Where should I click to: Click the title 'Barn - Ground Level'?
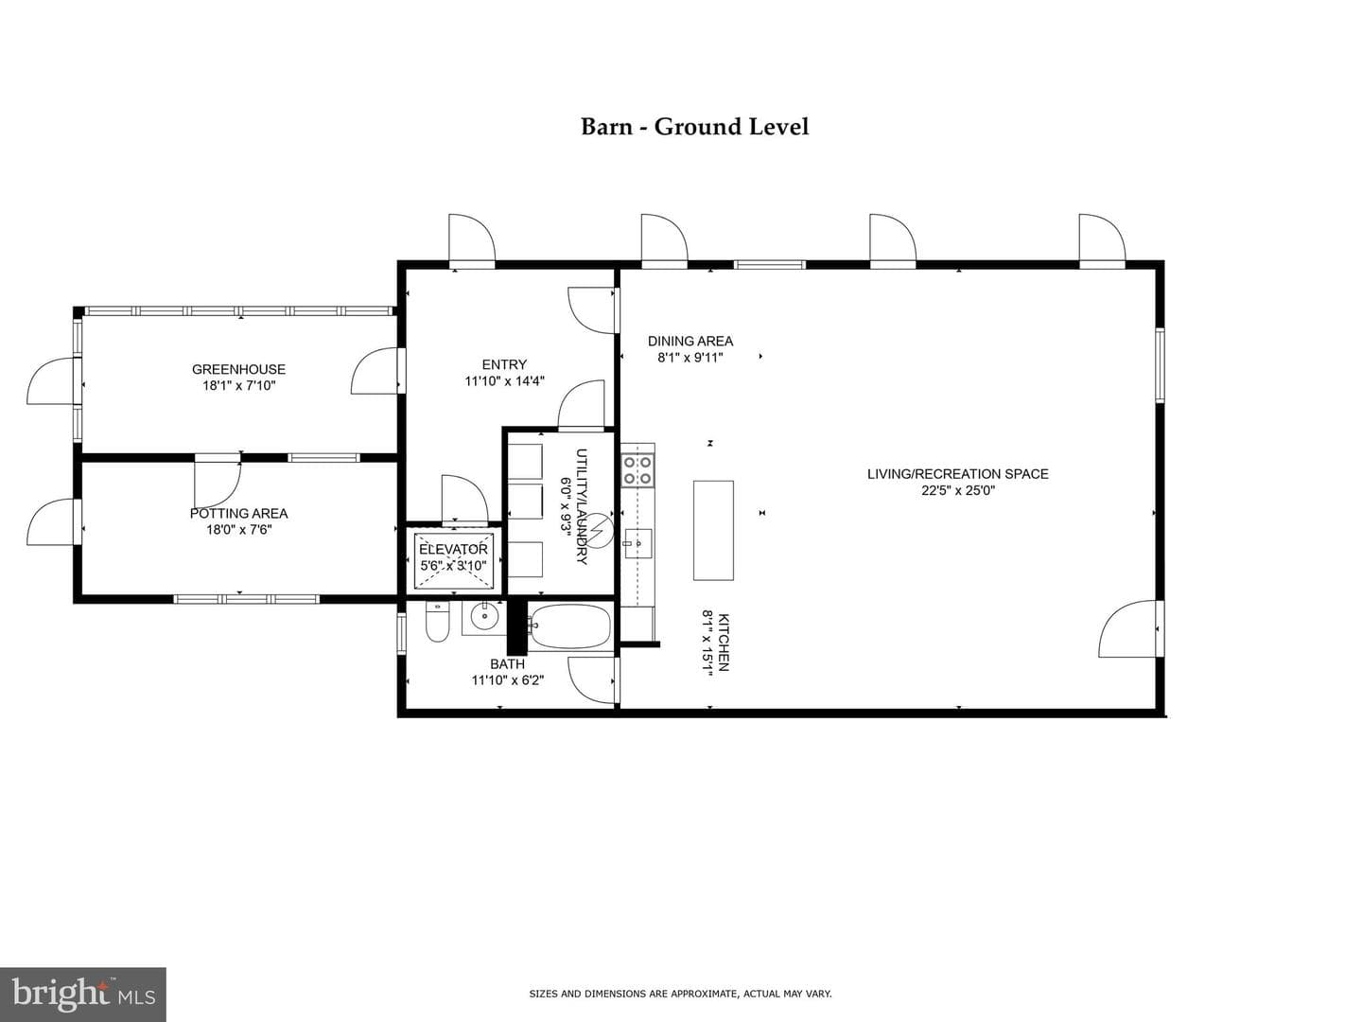pyautogui.click(x=694, y=127)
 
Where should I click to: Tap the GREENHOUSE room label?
pyautogui.click(x=239, y=369)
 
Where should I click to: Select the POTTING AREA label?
pyautogui.click(x=239, y=513)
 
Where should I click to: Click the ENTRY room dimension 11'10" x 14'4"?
pyautogui.click(x=504, y=381)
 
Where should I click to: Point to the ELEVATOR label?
pyautogui.click(x=454, y=549)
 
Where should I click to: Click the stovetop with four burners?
pyautogui.click(x=637, y=469)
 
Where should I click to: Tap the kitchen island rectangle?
pyautogui.click(x=713, y=530)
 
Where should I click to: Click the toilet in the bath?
pyautogui.click(x=438, y=623)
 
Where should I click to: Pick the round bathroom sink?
pyautogui.click(x=484, y=617)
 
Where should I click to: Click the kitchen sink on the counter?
pyautogui.click(x=637, y=543)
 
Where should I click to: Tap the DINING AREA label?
pyautogui.click(x=690, y=341)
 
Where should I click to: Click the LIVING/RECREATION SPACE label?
pyautogui.click(x=958, y=474)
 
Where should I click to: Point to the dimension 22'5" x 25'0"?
pyautogui.click(x=958, y=490)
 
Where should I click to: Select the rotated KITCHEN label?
pyautogui.click(x=724, y=643)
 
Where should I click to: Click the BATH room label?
pyautogui.click(x=508, y=664)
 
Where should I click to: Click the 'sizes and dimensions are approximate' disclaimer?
pyautogui.click(x=681, y=994)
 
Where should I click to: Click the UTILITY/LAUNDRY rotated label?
pyautogui.click(x=582, y=506)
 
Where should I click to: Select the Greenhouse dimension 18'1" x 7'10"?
pyautogui.click(x=239, y=385)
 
